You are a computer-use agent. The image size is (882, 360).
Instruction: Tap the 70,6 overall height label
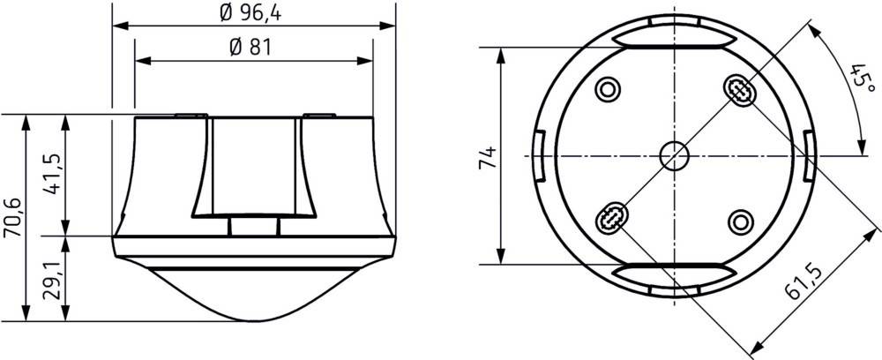tap(11, 217)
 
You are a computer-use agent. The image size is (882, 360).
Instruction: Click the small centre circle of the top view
tap(675, 155)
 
